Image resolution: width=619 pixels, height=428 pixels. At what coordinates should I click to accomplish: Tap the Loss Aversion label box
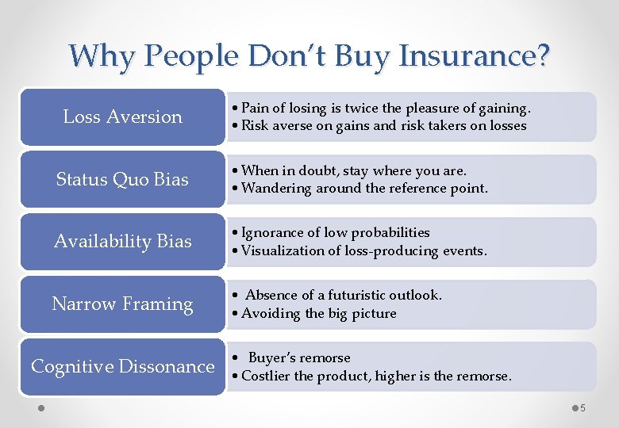(x=122, y=117)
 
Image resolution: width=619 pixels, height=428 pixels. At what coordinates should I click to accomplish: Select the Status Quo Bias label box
(x=122, y=179)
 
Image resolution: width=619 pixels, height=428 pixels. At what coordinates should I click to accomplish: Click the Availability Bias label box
(x=122, y=241)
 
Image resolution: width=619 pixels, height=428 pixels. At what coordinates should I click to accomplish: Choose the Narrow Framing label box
(x=122, y=304)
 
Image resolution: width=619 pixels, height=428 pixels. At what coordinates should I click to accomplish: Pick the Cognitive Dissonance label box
(x=122, y=366)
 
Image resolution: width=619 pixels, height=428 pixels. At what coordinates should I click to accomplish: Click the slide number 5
(x=582, y=408)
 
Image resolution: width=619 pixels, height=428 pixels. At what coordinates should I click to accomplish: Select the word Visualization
(x=279, y=250)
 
